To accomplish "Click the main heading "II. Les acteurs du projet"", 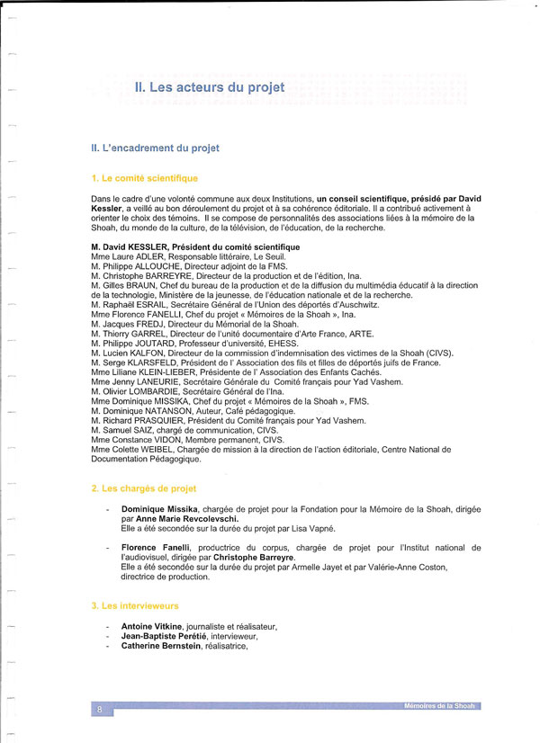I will [x=209, y=87].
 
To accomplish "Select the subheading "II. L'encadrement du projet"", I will [x=155, y=147].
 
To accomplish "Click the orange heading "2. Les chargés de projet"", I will [x=144, y=488].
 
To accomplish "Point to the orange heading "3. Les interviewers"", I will [x=137, y=606].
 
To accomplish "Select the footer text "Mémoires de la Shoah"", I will [x=441, y=706].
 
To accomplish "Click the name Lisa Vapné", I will [x=314, y=528].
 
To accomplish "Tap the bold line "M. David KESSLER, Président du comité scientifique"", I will [x=195, y=246].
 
